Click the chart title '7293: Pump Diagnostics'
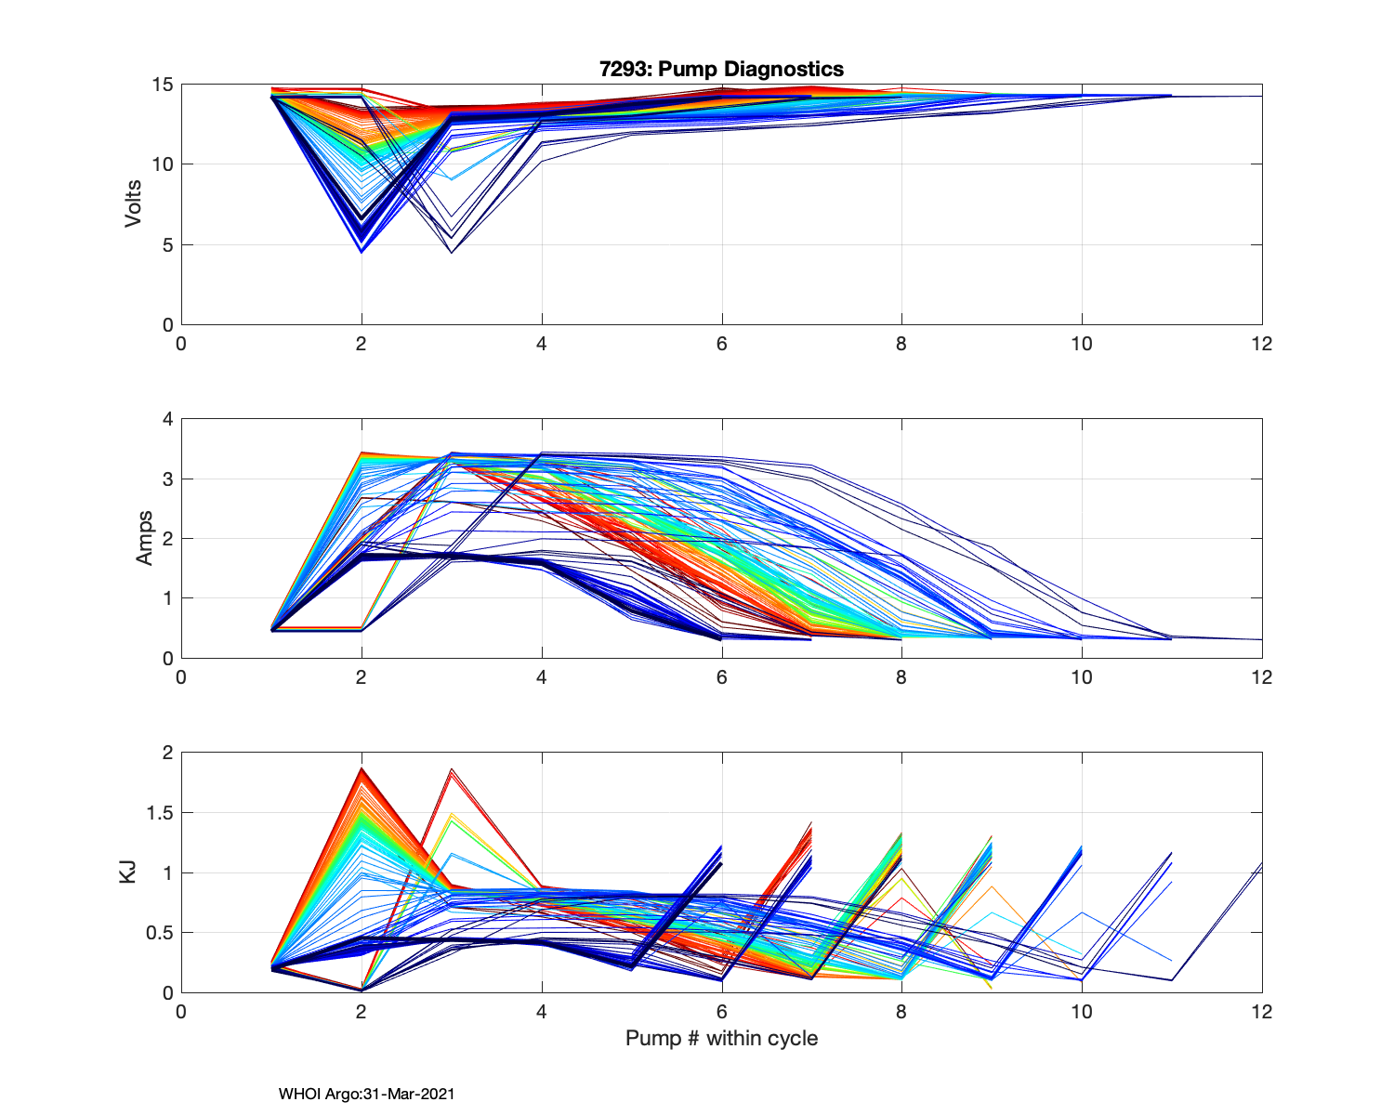click(x=721, y=69)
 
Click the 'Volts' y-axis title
click(x=134, y=204)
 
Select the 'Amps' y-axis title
click(x=145, y=538)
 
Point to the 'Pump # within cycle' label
click(x=721, y=1038)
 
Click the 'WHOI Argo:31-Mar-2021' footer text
click(x=366, y=1094)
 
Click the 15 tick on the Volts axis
click(x=163, y=85)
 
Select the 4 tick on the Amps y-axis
click(x=167, y=419)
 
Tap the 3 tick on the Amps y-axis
click(x=167, y=479)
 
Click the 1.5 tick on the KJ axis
click(x=160, y=813)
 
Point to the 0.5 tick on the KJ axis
click(x=160, y=933)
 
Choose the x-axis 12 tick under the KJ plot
click(x=1262, y=1012)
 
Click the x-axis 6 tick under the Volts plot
click(x=721, y=344)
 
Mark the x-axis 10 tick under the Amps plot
click(x=1082, y=677)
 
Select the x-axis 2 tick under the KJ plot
click(x=362, y=1012)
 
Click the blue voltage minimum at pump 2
click(x=362, y=251)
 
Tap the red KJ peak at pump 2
click(x=362, y=768)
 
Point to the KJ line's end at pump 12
click(x=1261, y=864)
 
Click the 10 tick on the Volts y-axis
click(x=163, y=164)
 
